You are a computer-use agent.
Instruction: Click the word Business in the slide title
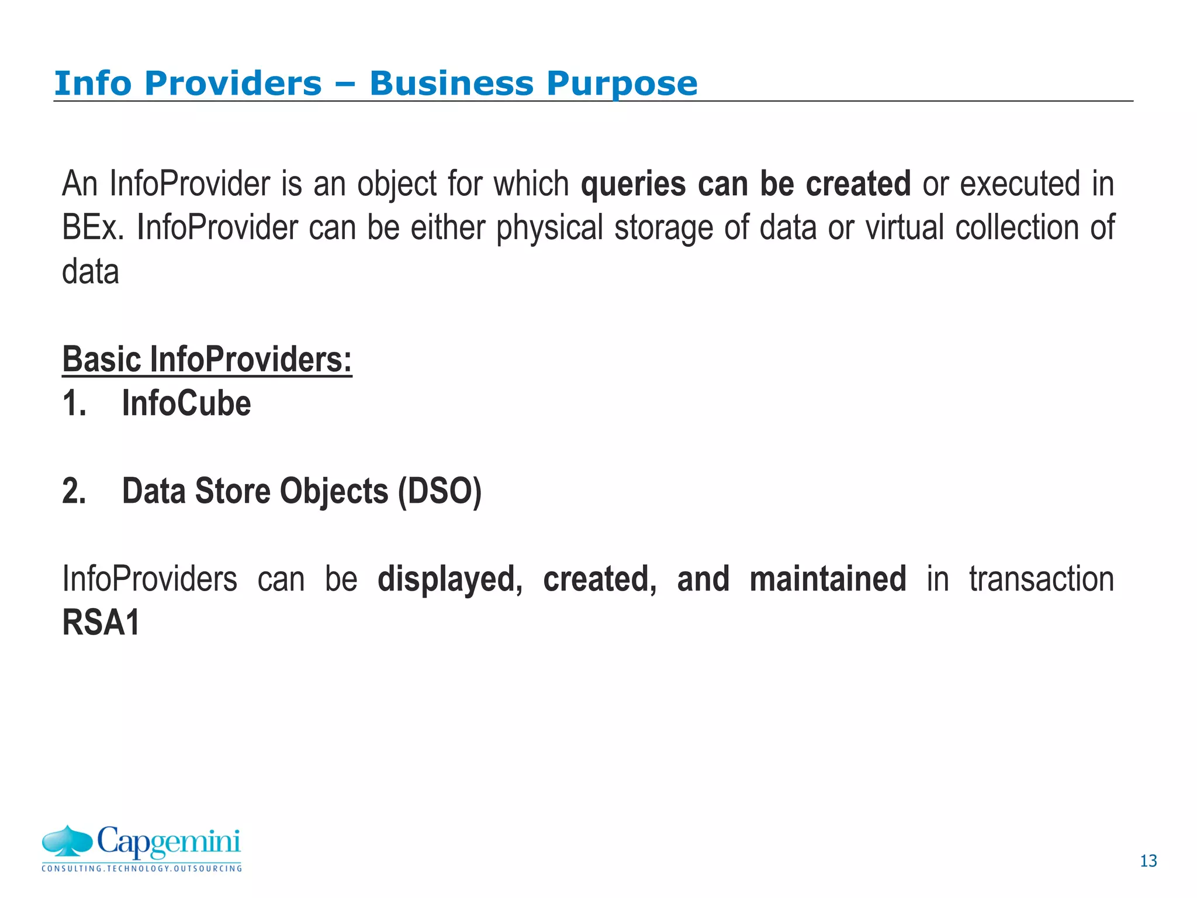point(451,84)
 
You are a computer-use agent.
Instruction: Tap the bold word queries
point(633,184)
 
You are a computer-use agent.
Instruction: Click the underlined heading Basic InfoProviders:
point(207,359)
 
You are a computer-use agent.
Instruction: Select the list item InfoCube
point(186,403)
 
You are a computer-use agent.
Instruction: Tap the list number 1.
point(74,404)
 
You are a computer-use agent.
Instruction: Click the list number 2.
point(74,491)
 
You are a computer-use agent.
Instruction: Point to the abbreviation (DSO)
point(440,492)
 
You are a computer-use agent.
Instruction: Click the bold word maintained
point(828,579)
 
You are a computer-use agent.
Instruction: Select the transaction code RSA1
point(101,623)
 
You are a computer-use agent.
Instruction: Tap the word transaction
point(1042,579)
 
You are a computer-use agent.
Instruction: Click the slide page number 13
point(1148,861)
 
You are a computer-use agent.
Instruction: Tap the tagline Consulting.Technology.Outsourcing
point(141,869)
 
